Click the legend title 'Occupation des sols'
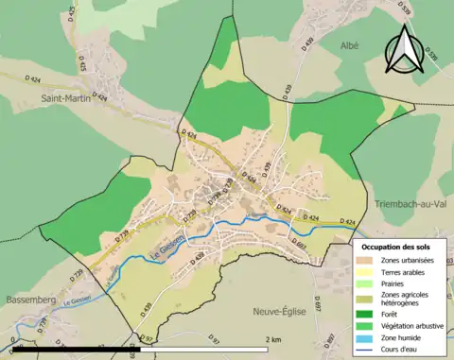tap(398, 246)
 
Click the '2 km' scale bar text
tap(273, 339)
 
